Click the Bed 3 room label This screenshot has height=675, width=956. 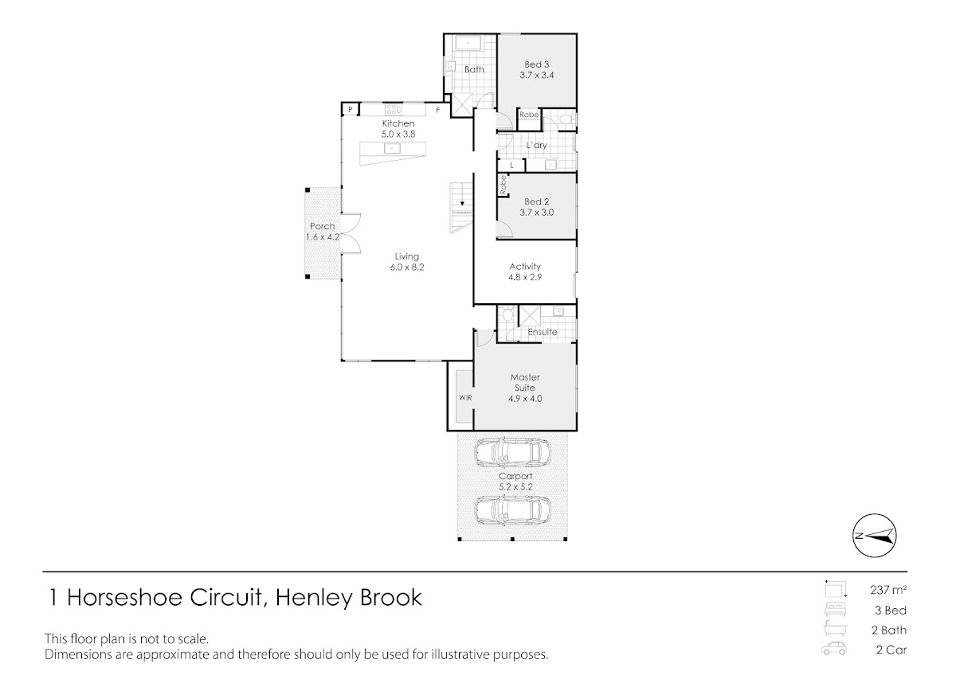(x=536, y=64)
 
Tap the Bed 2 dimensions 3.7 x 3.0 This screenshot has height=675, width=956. (x=536, y=213)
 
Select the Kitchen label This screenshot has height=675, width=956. (x=398, y=123)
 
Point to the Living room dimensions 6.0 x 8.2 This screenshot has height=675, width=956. (x=407, y=267)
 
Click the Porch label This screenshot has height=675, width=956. (x=322, y=226)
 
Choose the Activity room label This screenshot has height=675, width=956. (x=525, y=266)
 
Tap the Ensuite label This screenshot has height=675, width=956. (x=543, y=332)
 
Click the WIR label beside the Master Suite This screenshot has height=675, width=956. (x=465, y=398)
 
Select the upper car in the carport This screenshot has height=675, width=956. (x=512, y=452)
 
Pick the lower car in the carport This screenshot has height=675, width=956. (x=512, y=511)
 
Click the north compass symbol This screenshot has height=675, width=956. (x=875, y=536)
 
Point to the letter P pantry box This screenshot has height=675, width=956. (x=350, y=110)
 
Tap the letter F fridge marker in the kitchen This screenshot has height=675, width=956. (x=438, y=110)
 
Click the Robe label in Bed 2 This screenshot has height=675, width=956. (x=503, y=185)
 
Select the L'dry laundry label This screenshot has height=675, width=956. (x=536, y=145)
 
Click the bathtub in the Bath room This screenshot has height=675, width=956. (x=468, y=44)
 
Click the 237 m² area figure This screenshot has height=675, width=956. (x=888, y=590)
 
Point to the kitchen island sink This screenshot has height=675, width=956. (x=392, y=148)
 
